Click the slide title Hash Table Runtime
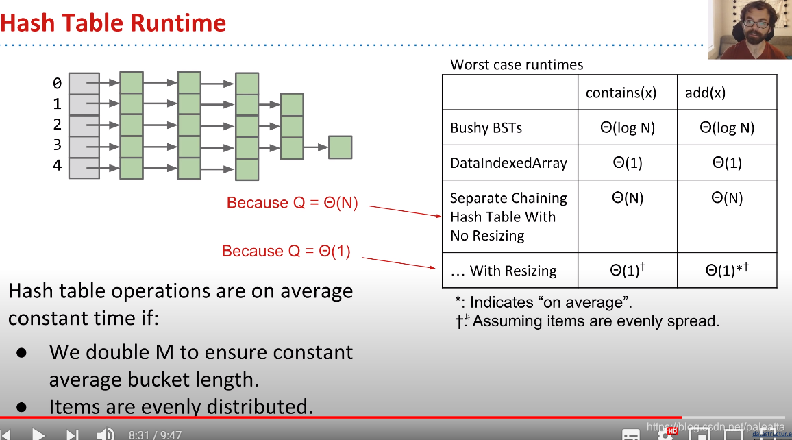[x=114, y=23]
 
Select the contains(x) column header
[x=621, y=93]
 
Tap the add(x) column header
[x=705, y=93]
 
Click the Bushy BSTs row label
[x=486, y=128]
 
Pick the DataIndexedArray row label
[x=508, y=163]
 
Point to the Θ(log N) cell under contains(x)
[x=628, y=128]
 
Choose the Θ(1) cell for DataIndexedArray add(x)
[x=727, y=163]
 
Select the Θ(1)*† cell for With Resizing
[x=727, y=270]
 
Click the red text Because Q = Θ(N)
[x=292, y=203]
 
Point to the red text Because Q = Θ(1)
[x=286, y=252]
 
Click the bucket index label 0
[x=58, y=84]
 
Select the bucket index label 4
[x=58, y=166]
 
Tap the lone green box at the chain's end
[x=340, y=147]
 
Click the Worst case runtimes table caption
[x=517, y=65]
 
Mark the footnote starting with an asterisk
[x=544, y=302]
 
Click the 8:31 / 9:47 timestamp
[x=155, y=435]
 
